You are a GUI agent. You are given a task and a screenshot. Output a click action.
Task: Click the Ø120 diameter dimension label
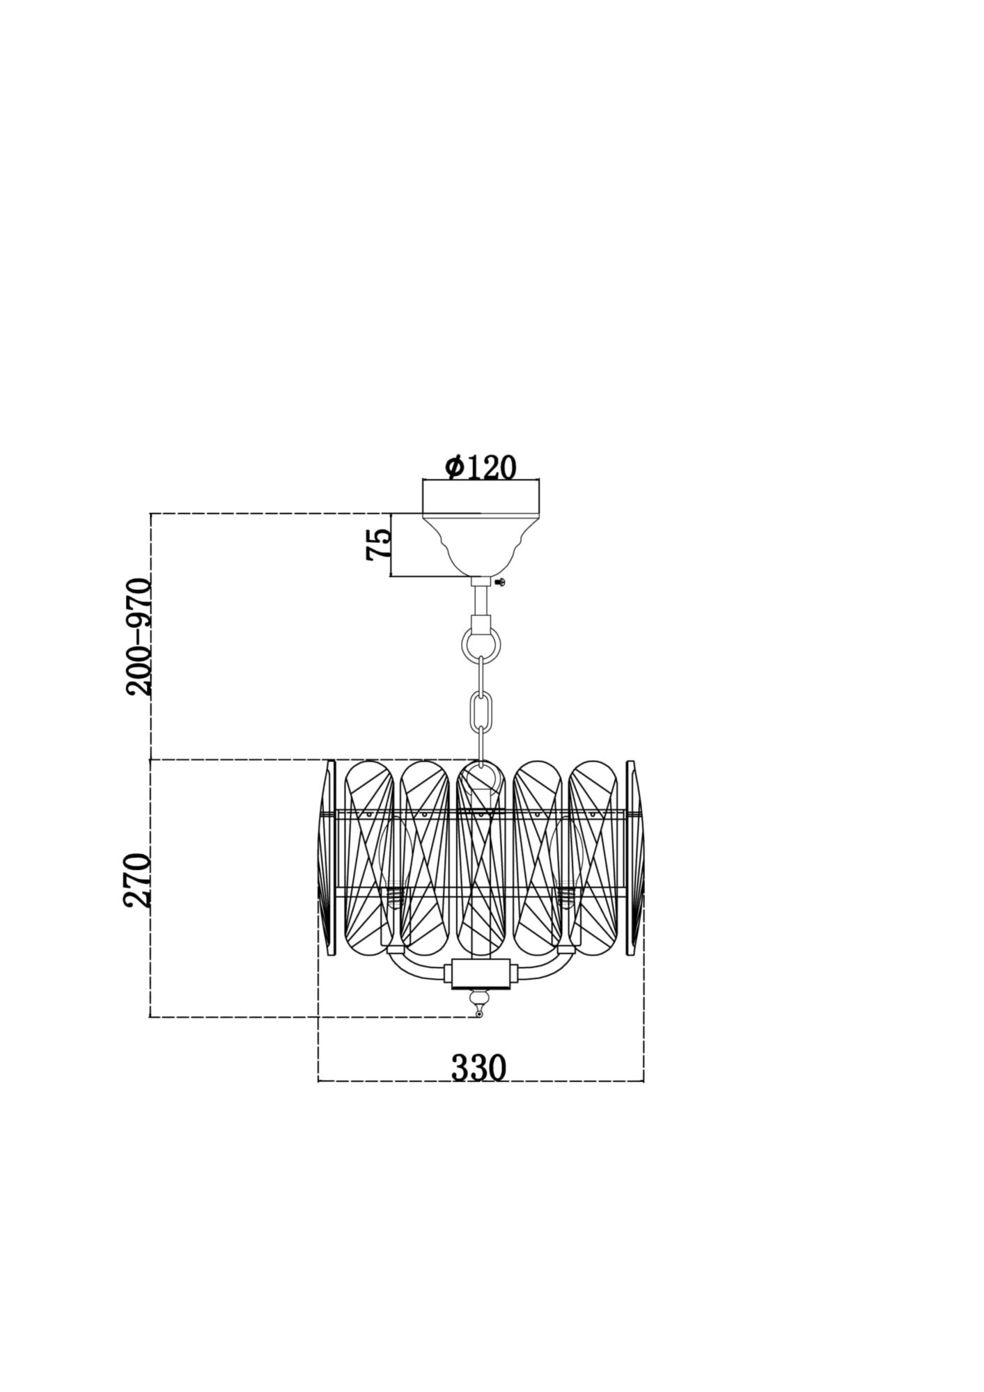click(x=481, y=467)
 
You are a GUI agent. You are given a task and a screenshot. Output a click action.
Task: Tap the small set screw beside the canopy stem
click(x=499, y=581)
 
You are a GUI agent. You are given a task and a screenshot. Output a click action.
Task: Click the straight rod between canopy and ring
click(x=481, y=599)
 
